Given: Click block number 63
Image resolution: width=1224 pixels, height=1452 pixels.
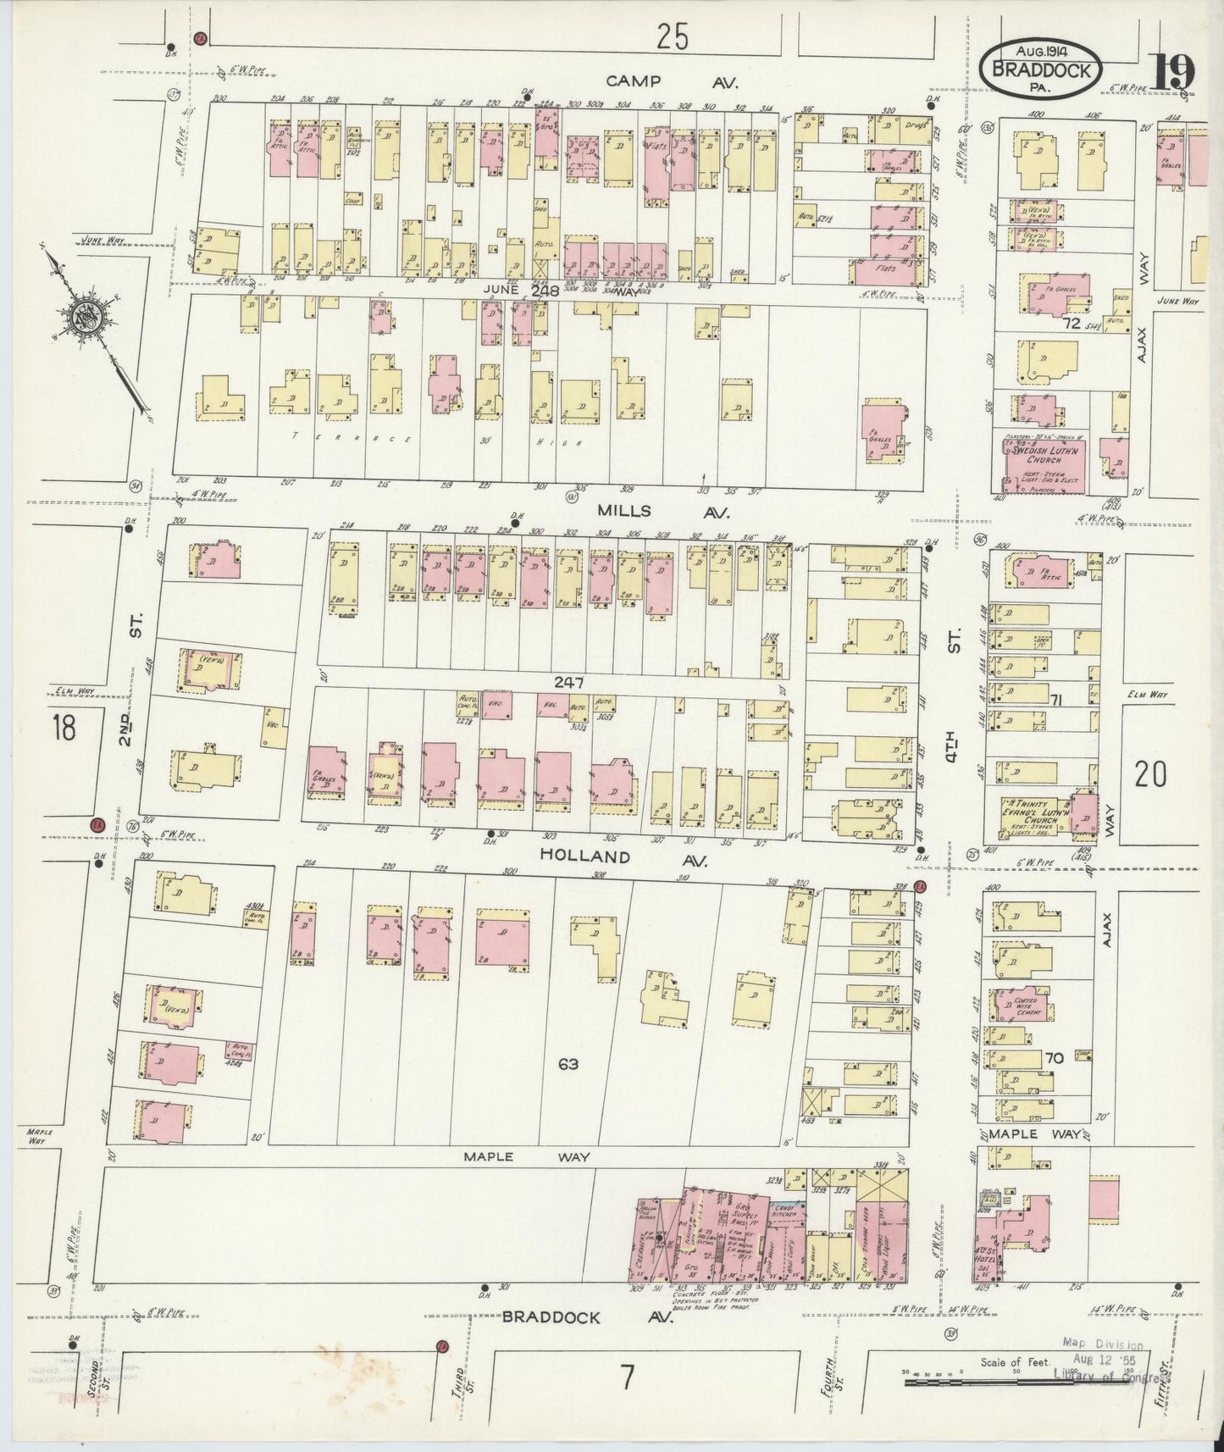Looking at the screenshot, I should coord(568,1062).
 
